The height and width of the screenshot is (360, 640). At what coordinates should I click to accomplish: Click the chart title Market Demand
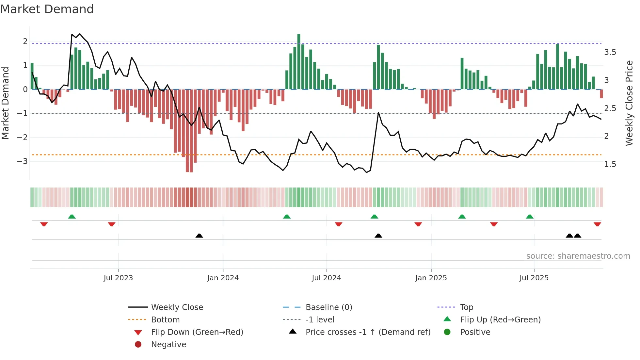click(x=47, y=9)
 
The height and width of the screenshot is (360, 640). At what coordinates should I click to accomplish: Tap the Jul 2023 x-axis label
click(x=118, y=278)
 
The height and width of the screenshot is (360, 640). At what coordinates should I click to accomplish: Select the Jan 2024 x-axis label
click(x=223, y=278)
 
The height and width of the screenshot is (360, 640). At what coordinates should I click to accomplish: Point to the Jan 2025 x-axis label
click(x=431, y=278)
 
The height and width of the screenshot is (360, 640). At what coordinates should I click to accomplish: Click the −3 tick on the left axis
click(x=22, y=161)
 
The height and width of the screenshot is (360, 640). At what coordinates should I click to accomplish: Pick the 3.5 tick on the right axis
click(x=610, y=52)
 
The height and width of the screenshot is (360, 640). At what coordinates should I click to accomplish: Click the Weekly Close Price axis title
click(x=629, y=103)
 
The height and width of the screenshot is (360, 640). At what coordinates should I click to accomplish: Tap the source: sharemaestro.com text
click(x=578, y=256)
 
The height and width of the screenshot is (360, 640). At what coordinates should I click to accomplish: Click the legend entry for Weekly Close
click(x=177, y=307)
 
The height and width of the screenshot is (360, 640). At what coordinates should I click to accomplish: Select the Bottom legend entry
click(x=165, y=320)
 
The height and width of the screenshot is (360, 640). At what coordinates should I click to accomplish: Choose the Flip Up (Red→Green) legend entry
click(x=500, y=320)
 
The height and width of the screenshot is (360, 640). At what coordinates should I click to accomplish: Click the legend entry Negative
click(x=168, y=345)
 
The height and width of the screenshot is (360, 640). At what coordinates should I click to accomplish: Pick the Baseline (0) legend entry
click(x=328, y=307)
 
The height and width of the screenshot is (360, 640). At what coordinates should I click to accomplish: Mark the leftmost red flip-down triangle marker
click(x=44, y=224)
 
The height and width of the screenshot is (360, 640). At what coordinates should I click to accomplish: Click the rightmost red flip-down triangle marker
click(x=597, y=224)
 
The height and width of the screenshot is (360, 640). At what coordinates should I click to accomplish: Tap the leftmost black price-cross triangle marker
click(x=199, y=236)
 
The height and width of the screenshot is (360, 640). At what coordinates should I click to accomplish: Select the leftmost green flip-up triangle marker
click(x=72, y=217)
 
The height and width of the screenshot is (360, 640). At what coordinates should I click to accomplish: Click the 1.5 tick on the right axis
click(x=610, y=164)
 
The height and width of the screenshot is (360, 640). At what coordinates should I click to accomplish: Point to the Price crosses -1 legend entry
click(x=368, y=332)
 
